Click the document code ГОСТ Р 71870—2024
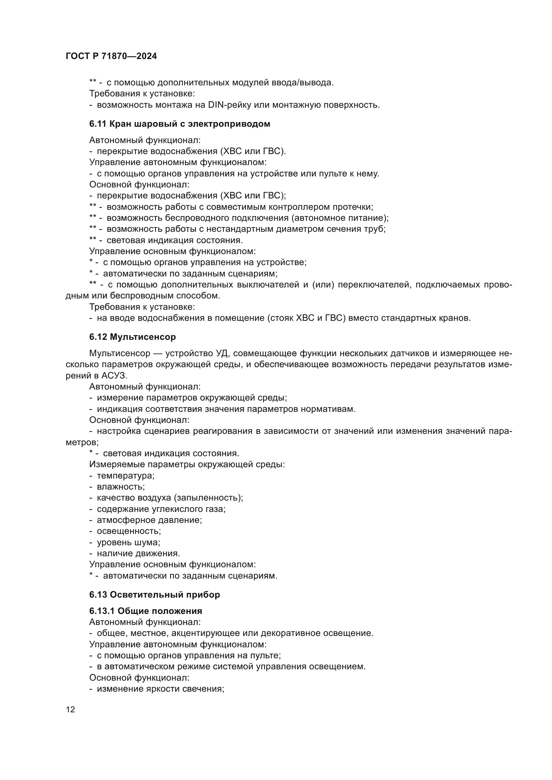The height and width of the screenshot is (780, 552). (x=111, y=56)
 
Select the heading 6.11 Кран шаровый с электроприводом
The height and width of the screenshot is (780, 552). (x=180, y=124)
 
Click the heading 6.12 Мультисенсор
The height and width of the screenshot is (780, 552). (x=132, y=337)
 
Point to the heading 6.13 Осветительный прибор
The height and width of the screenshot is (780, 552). (x=155, y=595)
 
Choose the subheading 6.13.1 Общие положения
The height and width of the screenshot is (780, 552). (x=146, y=611)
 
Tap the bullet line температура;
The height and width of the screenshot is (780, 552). (x=125, y=476)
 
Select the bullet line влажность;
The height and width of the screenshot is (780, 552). (x=121, y=487)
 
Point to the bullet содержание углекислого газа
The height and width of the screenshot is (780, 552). (x=161, y=509)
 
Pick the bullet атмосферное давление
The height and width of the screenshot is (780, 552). (x=149, y=520)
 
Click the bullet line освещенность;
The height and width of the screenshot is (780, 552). (x=129, y=531)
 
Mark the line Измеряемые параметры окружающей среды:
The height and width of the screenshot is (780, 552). (x=187, y=465)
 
